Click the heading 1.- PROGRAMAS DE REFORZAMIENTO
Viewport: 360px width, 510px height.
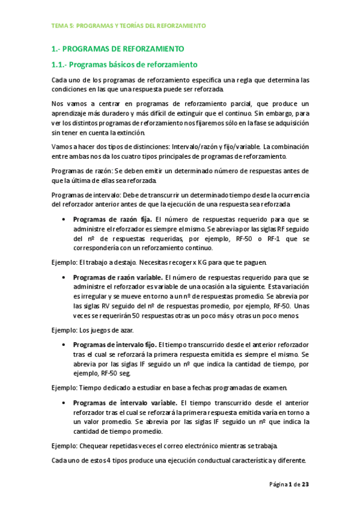118,48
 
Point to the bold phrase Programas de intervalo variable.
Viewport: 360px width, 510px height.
125,403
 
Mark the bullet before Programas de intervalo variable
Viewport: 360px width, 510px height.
64,403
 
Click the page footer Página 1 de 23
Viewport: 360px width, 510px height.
289,484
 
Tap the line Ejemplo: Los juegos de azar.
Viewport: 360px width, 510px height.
93,330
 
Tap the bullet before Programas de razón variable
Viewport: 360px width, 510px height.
64,277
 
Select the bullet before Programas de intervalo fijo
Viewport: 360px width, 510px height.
64,345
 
